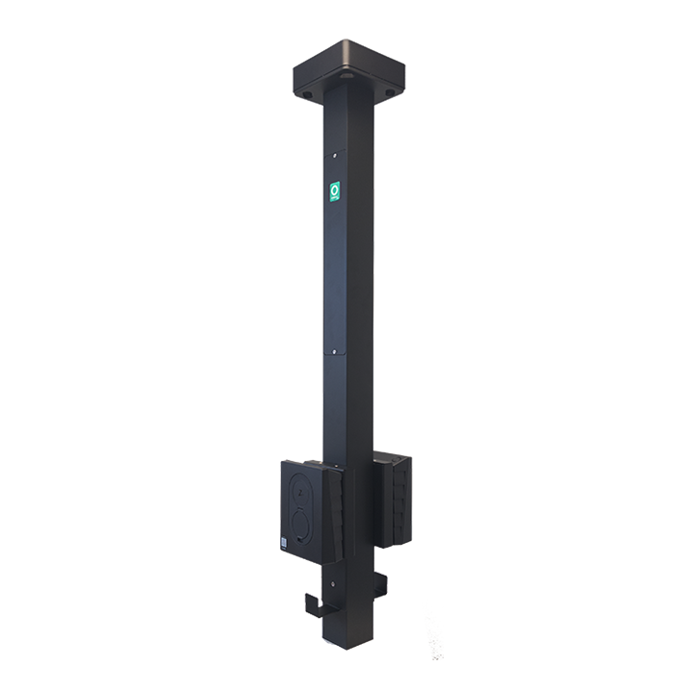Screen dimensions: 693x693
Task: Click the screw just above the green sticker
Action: click(x=333, y=151)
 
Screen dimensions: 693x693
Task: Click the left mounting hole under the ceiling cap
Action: click(x=306, y=95)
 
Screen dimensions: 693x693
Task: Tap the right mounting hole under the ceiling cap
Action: click(x=390, y=93)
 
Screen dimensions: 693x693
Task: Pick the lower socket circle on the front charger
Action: click(x=301, y=525)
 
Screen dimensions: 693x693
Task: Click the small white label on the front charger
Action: click(x=284, y=541)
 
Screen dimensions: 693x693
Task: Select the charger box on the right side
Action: click(x=392, y=499)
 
